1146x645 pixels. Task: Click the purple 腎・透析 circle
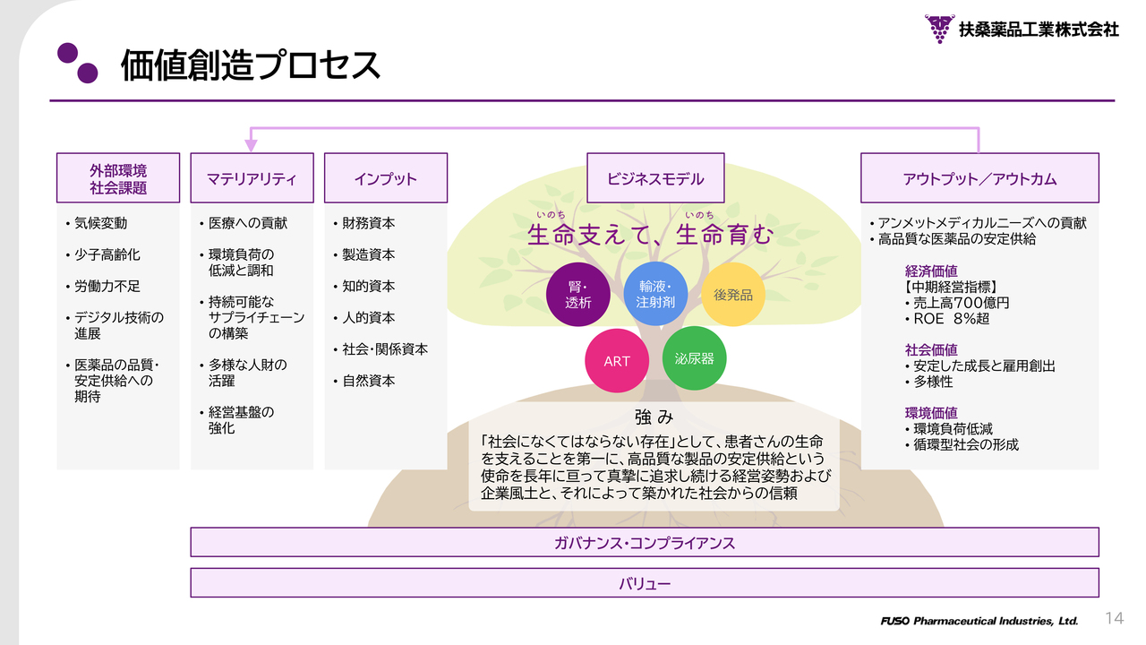578,295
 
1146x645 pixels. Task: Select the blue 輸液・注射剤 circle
655,294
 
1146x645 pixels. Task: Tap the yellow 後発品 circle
732,295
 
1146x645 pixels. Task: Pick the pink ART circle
617,361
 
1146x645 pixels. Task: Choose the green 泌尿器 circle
694,358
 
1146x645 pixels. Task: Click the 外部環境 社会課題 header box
118,177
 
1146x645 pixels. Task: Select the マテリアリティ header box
252,177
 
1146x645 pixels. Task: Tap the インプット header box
386,177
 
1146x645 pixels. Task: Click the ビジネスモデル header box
655,177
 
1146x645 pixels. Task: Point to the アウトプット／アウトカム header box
979,177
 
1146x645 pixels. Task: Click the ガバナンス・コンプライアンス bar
645,542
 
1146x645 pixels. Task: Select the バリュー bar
645,583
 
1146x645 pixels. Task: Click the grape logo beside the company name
939,29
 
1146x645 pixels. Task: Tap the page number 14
1115,618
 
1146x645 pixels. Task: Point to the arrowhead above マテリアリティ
251,145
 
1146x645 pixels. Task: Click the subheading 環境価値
931,413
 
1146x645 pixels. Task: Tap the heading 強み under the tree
654,417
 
